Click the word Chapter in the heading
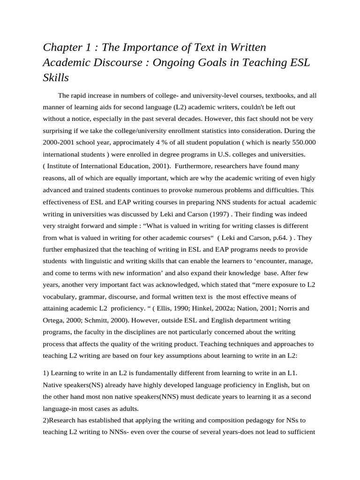[61, 47]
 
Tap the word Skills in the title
[56, 77]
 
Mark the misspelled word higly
[308, 178]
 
